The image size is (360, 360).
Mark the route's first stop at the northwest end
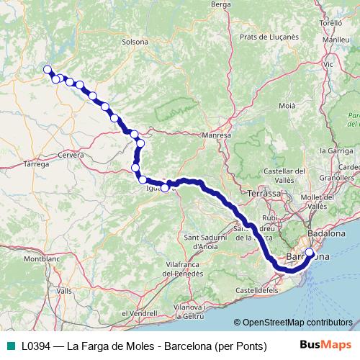coord(48,69)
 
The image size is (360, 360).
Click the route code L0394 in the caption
coord(37,345)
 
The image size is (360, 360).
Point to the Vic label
coord(329,63)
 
